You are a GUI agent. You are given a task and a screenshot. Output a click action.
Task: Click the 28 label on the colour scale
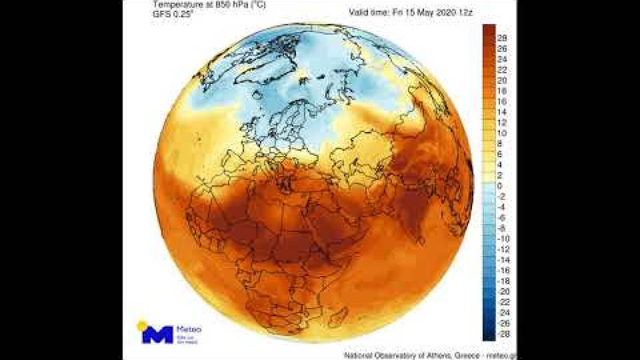[502, 38]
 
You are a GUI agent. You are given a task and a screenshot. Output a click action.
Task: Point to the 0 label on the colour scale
[500, 186]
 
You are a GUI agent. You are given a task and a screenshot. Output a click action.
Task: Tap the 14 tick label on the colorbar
[502, 112]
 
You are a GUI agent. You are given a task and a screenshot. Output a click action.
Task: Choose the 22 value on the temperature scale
[502, 70]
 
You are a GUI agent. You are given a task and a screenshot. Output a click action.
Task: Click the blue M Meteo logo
[157, 334]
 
